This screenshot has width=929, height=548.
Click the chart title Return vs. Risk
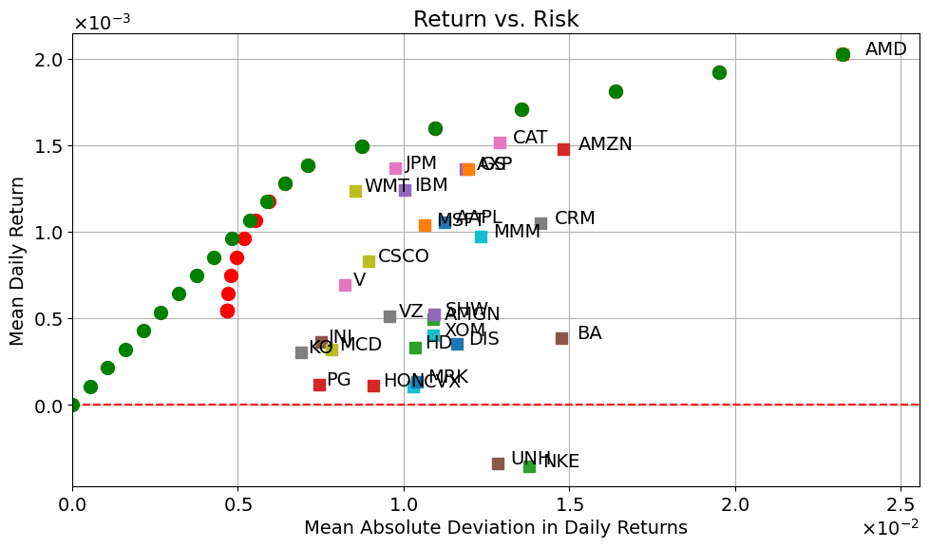(495, 20)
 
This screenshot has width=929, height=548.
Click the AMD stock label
(885, 49)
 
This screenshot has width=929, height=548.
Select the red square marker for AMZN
(563, 149)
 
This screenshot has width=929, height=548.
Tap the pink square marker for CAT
(500, 142)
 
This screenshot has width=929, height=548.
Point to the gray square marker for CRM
(540, 223)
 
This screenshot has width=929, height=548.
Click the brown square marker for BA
(561, 338)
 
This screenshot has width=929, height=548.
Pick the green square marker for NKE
(529, 466)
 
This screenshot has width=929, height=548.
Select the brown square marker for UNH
(498, 463)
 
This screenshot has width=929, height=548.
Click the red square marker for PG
(319, 385)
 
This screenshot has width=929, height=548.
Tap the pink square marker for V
(345, 285)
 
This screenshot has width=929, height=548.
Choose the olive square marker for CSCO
(369, 261)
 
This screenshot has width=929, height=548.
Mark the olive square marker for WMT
(355, 191)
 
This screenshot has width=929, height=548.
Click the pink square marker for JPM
(395, 168)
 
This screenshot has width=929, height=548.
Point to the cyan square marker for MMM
(481, 236)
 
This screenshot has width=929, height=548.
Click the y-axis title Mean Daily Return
(18, 257)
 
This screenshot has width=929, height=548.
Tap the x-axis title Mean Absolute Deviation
(495, 528)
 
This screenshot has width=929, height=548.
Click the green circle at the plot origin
(72, 405)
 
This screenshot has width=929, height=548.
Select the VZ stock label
(410, 312)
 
